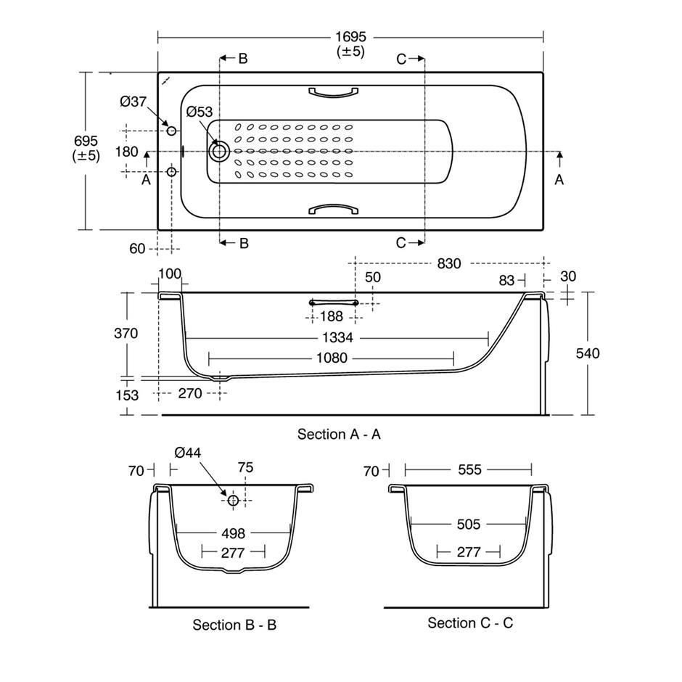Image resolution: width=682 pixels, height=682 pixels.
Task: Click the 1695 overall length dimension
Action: point(350,36)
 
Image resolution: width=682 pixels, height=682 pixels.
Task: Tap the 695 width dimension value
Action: point(86,141)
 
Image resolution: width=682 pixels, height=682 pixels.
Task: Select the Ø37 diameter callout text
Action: point(133,102)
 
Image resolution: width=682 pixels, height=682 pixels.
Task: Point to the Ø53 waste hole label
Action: point(200,112)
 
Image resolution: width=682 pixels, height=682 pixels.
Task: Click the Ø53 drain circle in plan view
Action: point(219,152)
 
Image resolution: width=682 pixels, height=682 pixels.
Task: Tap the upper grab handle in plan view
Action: point(334,91)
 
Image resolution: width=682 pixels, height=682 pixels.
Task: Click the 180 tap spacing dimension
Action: point(126,152)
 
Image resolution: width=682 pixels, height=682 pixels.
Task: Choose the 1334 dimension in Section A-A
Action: point(337,337)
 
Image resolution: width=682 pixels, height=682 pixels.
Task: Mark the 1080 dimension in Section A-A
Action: point(332,358)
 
